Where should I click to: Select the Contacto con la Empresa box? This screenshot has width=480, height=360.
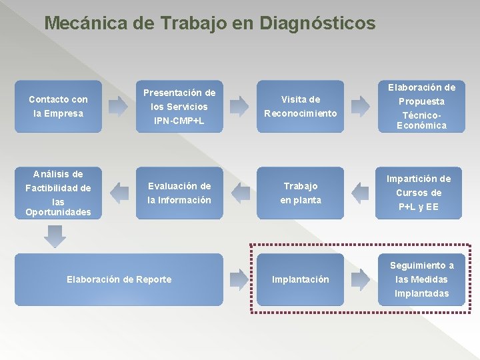pyautogui.click(x=58, y=107)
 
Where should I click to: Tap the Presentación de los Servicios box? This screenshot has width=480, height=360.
pyautogui.click(x=179, y=107)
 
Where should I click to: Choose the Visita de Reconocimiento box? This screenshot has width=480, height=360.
pyautogui.click(x=300, y=107)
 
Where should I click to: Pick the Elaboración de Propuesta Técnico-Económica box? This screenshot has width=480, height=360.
pyautogui.click(x=421, y=107)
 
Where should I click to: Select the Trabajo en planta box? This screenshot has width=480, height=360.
pyautogui.click(x=300, y=193)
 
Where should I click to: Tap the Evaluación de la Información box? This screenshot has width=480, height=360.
pyautogui.click(x=179, y=193)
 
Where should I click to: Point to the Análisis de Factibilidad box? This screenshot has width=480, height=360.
pyautogui.click(x=58, y=193)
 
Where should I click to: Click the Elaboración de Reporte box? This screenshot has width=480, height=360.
pyautogui.click(x=119, y=279)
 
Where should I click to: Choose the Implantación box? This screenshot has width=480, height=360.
pyautogui.click(x=300, y=279)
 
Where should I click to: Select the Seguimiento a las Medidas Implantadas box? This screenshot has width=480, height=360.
pyautogui.click(x=421, y=279)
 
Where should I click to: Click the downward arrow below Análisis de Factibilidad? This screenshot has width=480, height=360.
pyautogui.click(x=56, y=235)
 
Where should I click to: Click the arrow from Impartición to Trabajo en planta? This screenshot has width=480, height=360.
pyautogui.click(x=360, y=193)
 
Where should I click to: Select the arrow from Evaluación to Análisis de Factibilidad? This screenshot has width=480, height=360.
pyautogui.click(x=119, y=193)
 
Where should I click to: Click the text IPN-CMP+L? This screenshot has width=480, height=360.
pyautogui.click(x=179, y=121)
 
